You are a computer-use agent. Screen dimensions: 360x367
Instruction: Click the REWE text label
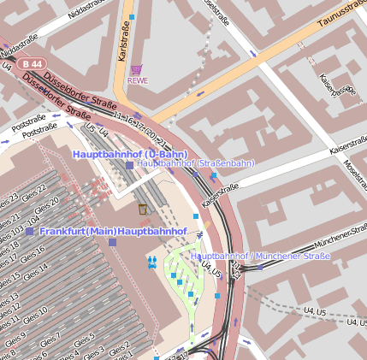point(138,81)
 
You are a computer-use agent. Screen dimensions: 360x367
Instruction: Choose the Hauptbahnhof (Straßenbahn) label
point(196,162)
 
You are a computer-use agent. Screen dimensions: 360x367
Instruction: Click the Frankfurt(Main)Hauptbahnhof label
point(112,232)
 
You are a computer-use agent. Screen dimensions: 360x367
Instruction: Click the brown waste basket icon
point(142,210)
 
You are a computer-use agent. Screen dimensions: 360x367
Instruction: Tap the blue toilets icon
point(152,261)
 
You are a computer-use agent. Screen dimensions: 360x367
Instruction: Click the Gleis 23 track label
point(8,205)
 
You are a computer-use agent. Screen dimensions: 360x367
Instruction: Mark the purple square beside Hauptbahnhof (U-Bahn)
point(129,165)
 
